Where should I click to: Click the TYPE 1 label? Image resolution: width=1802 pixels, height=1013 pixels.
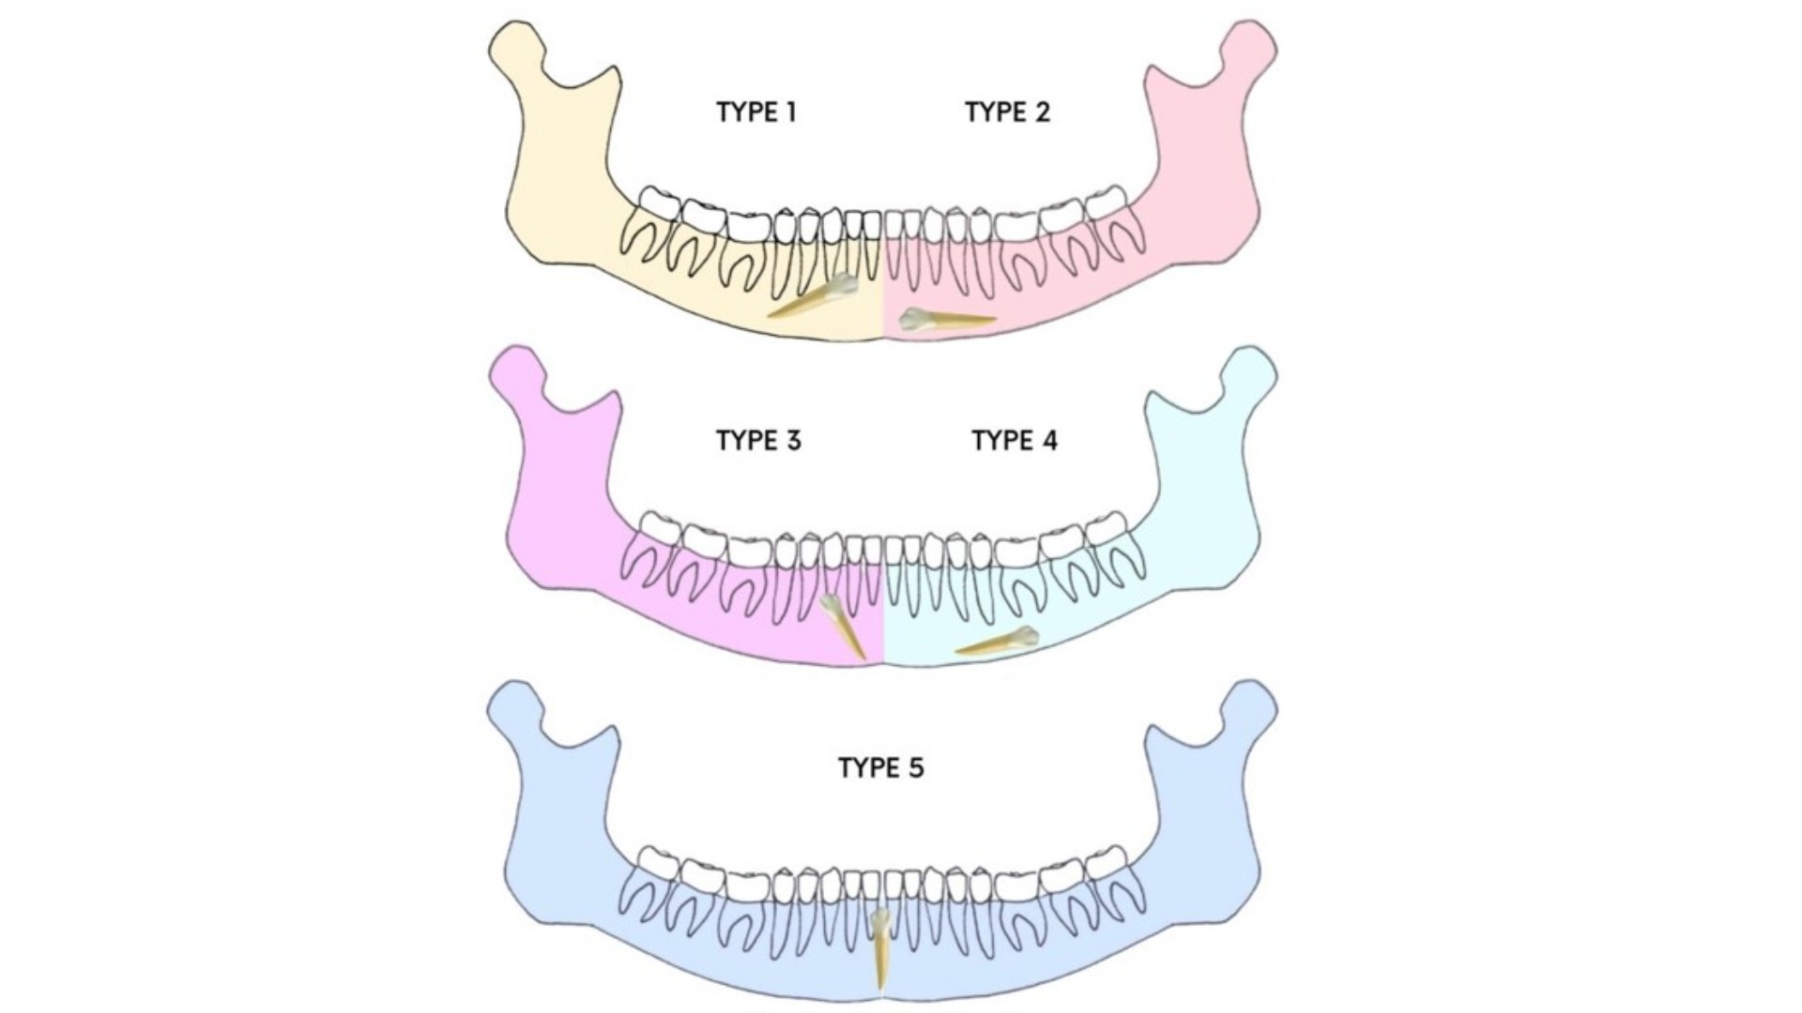[x=756, y=113]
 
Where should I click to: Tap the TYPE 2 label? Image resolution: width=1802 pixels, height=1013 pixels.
[x=1007, y=113]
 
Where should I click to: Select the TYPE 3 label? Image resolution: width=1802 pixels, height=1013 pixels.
[x=758, y=441]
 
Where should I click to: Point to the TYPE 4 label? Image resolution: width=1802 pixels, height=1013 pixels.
[x=1015, y=441]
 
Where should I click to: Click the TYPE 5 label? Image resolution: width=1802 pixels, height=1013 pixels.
[x=881, y=768]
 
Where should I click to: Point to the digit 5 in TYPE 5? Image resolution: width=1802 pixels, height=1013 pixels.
[x=916, y=768]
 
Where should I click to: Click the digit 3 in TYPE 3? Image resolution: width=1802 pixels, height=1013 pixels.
[x=793, y=441]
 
